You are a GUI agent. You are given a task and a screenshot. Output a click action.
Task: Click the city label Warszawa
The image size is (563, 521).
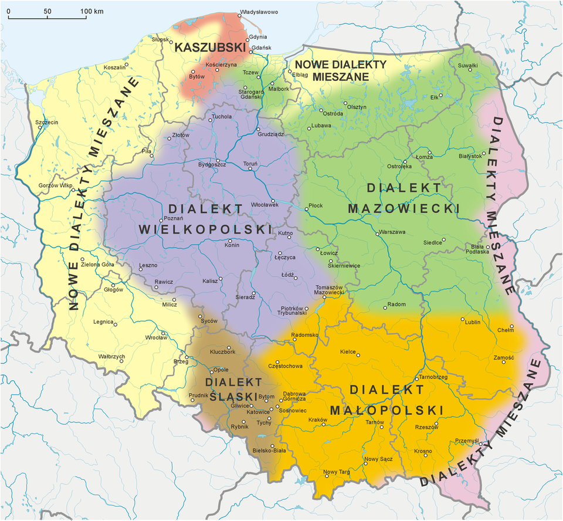[x=393, y=232]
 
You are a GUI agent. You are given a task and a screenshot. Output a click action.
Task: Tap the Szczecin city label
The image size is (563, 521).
[x=47, y=123]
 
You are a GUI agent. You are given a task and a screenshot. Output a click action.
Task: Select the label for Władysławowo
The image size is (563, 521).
[x=259, y=12]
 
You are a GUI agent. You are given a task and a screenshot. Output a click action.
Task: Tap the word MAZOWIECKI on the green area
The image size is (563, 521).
[x=403, y=208]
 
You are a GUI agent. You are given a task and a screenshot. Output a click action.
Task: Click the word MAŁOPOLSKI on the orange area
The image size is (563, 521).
[x=386, y=409]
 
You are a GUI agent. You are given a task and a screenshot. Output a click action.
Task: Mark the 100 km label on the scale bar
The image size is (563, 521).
[x=92, y=11]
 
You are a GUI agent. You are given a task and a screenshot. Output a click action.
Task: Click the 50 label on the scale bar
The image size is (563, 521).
[x=48, y=11]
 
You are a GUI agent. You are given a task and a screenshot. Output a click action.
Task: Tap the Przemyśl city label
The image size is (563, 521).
[x=467, y=440]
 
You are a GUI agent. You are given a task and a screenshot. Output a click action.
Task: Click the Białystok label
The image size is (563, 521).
[x=470, y=156]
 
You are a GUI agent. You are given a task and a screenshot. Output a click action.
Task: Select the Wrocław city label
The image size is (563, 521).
[x=157, y=337]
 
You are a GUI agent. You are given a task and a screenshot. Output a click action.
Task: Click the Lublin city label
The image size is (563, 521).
[x=472, y=322]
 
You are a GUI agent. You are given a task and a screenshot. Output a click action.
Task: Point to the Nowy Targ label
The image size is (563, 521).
[x=337, y=472]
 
